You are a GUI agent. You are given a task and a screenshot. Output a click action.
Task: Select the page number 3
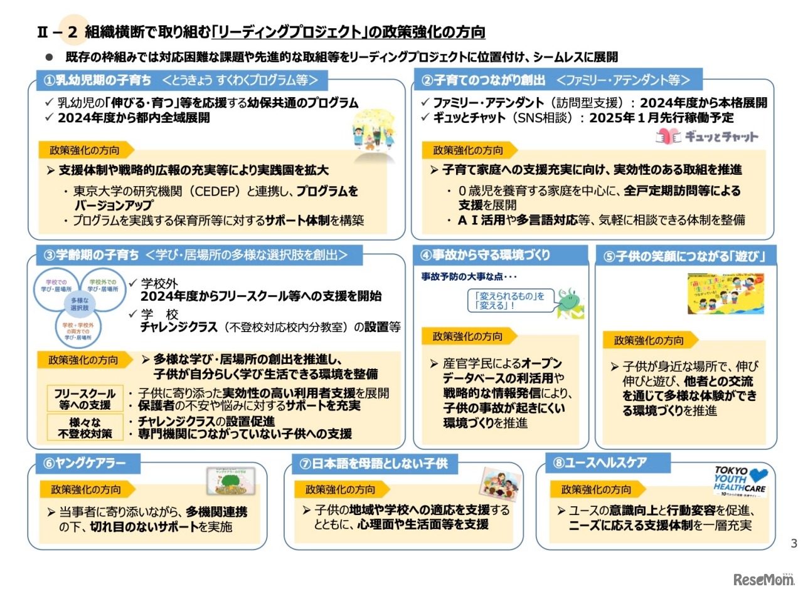[x=794, y=543]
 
